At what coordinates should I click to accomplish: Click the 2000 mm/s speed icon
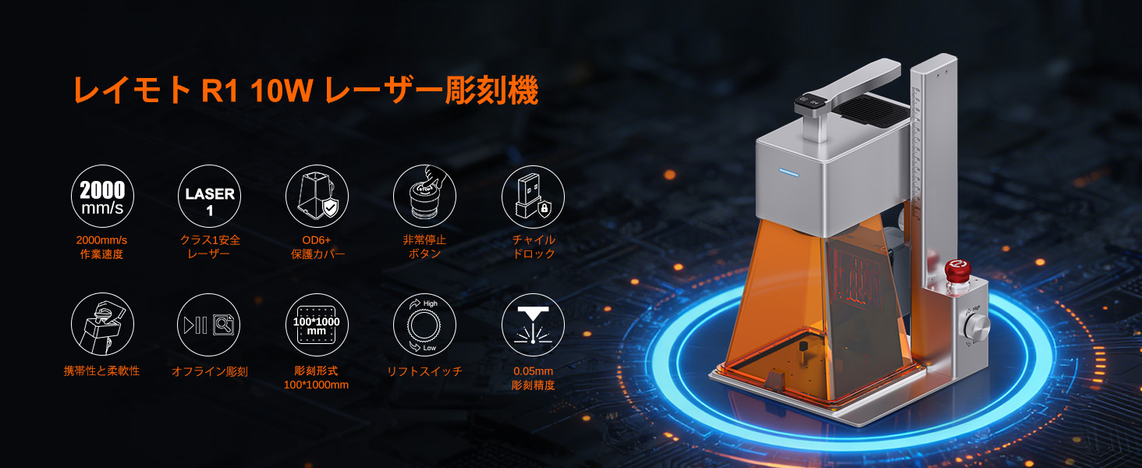[x=102, y=196]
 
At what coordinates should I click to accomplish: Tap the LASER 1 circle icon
[x=210, y=196]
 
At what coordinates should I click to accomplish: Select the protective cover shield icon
[x=317, y=196]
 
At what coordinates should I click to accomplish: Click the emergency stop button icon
[x=424, y=196]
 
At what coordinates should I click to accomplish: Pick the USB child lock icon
[x=533, y=196]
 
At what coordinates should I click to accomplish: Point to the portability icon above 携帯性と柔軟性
[x=102, y=324]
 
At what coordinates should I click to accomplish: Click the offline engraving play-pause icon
[x=210, y=324]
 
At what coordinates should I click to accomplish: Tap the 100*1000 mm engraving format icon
[x=317, y=324]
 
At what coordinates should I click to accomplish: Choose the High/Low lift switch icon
[x=424, y=324]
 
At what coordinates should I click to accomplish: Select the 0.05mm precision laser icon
[x=533, y=324]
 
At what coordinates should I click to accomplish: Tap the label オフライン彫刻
[x=210, y=371]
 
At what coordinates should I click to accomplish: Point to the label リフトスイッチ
[x=424, y=371]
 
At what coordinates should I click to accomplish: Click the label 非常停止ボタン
[x=424, y=246]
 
